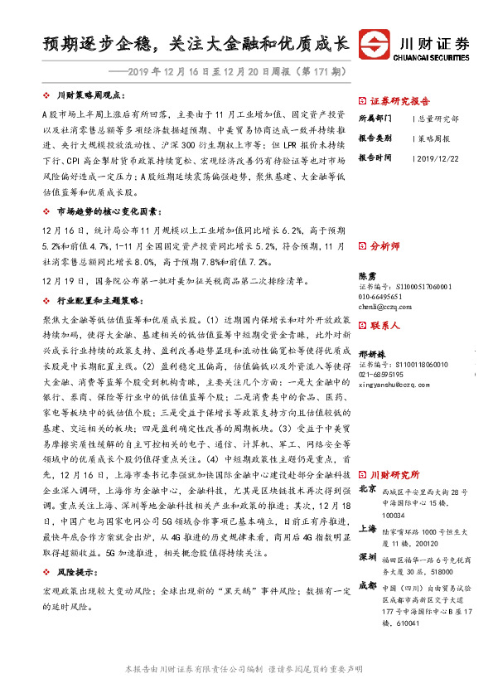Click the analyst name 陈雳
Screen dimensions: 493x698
click(x=367, y=274)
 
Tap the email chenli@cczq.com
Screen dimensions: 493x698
click(x=385, y=306)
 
